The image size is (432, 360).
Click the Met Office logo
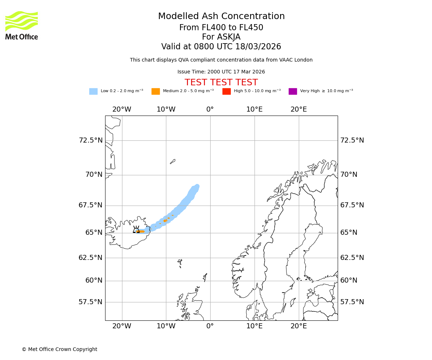(x=22, y=25)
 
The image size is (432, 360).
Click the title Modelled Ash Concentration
(x=221, y=17)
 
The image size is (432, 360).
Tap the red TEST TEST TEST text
(x=221, y=83)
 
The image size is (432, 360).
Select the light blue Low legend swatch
(x=93, y=91)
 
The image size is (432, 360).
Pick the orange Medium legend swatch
(x=156, y=91)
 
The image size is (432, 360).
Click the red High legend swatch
(x=226, y=91)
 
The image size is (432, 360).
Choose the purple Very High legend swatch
(x=293, y=91)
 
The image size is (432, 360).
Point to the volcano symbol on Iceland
(x=136, y=230)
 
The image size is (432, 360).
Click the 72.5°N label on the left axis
(x=90, y=140)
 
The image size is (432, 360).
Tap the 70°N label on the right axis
(x=349, y=175)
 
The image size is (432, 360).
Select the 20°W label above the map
(x=122, y=109)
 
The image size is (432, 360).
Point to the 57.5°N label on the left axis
(x=90, y=302)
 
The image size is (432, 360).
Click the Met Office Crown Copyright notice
(x=59, y=350)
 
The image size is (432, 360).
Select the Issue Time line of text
(x=221, y=72)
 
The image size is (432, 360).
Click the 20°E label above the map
(x=298, y=109)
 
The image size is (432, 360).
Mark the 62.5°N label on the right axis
(x=352, y=258)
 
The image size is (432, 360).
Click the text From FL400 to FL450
(x=221, y=28)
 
